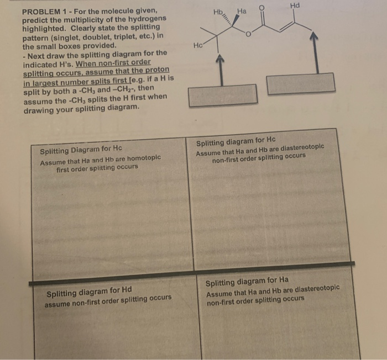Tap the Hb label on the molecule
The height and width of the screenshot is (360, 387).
(218, 12)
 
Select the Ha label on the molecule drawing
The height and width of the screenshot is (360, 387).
(242, 10)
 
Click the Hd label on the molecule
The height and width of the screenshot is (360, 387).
(295, 6)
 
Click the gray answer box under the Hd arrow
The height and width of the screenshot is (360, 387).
(301, 83)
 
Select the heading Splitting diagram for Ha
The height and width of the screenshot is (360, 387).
(247, 281)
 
